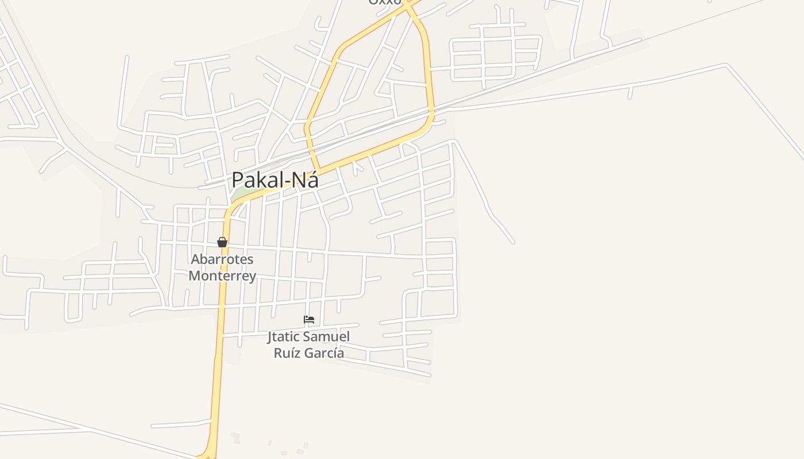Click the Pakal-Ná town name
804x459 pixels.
coord(275,180)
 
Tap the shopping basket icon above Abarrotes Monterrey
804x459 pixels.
coord(222,242)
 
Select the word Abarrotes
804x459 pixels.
coord(222,259)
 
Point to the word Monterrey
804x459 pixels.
coord(222,276)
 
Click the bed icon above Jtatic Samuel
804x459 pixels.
coord(309,320)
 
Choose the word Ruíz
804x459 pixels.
coord(287,353)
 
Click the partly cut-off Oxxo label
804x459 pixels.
coord(385,2)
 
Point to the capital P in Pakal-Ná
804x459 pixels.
coord(238,180)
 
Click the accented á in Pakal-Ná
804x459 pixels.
coord(312,180)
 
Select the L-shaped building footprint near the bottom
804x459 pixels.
coord(235,438)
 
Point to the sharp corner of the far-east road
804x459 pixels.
coord(727,67)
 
